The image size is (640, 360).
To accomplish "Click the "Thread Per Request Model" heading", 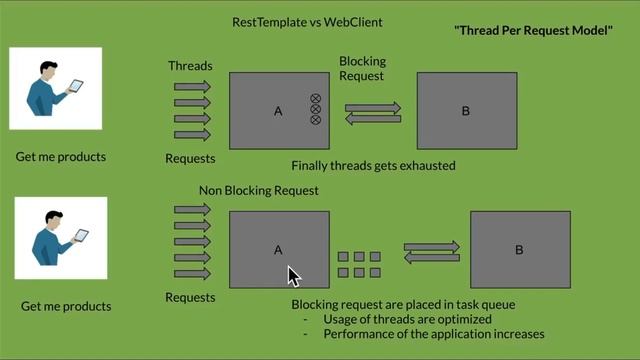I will coord(534,31).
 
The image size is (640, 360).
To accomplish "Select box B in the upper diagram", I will coord(467,111).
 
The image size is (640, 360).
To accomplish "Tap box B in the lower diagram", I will coord(519,249).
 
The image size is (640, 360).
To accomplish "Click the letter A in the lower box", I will coord(279,250).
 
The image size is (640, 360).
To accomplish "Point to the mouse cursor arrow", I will coord(293,276).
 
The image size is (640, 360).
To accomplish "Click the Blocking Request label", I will coord(362,68).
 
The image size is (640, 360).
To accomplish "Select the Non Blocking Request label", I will coord(259,190).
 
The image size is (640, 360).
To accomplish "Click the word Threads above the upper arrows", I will coord(190,66).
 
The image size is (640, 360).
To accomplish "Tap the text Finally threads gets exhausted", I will coord(373,165).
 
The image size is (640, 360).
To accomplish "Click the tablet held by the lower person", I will coord(81,236).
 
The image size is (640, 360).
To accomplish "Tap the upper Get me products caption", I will coord(61,157).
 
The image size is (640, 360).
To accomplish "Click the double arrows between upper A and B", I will coord(373,112).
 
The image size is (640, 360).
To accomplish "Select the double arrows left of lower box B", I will coord(431,251).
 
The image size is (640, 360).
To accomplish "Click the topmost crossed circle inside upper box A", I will coord(315,99).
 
